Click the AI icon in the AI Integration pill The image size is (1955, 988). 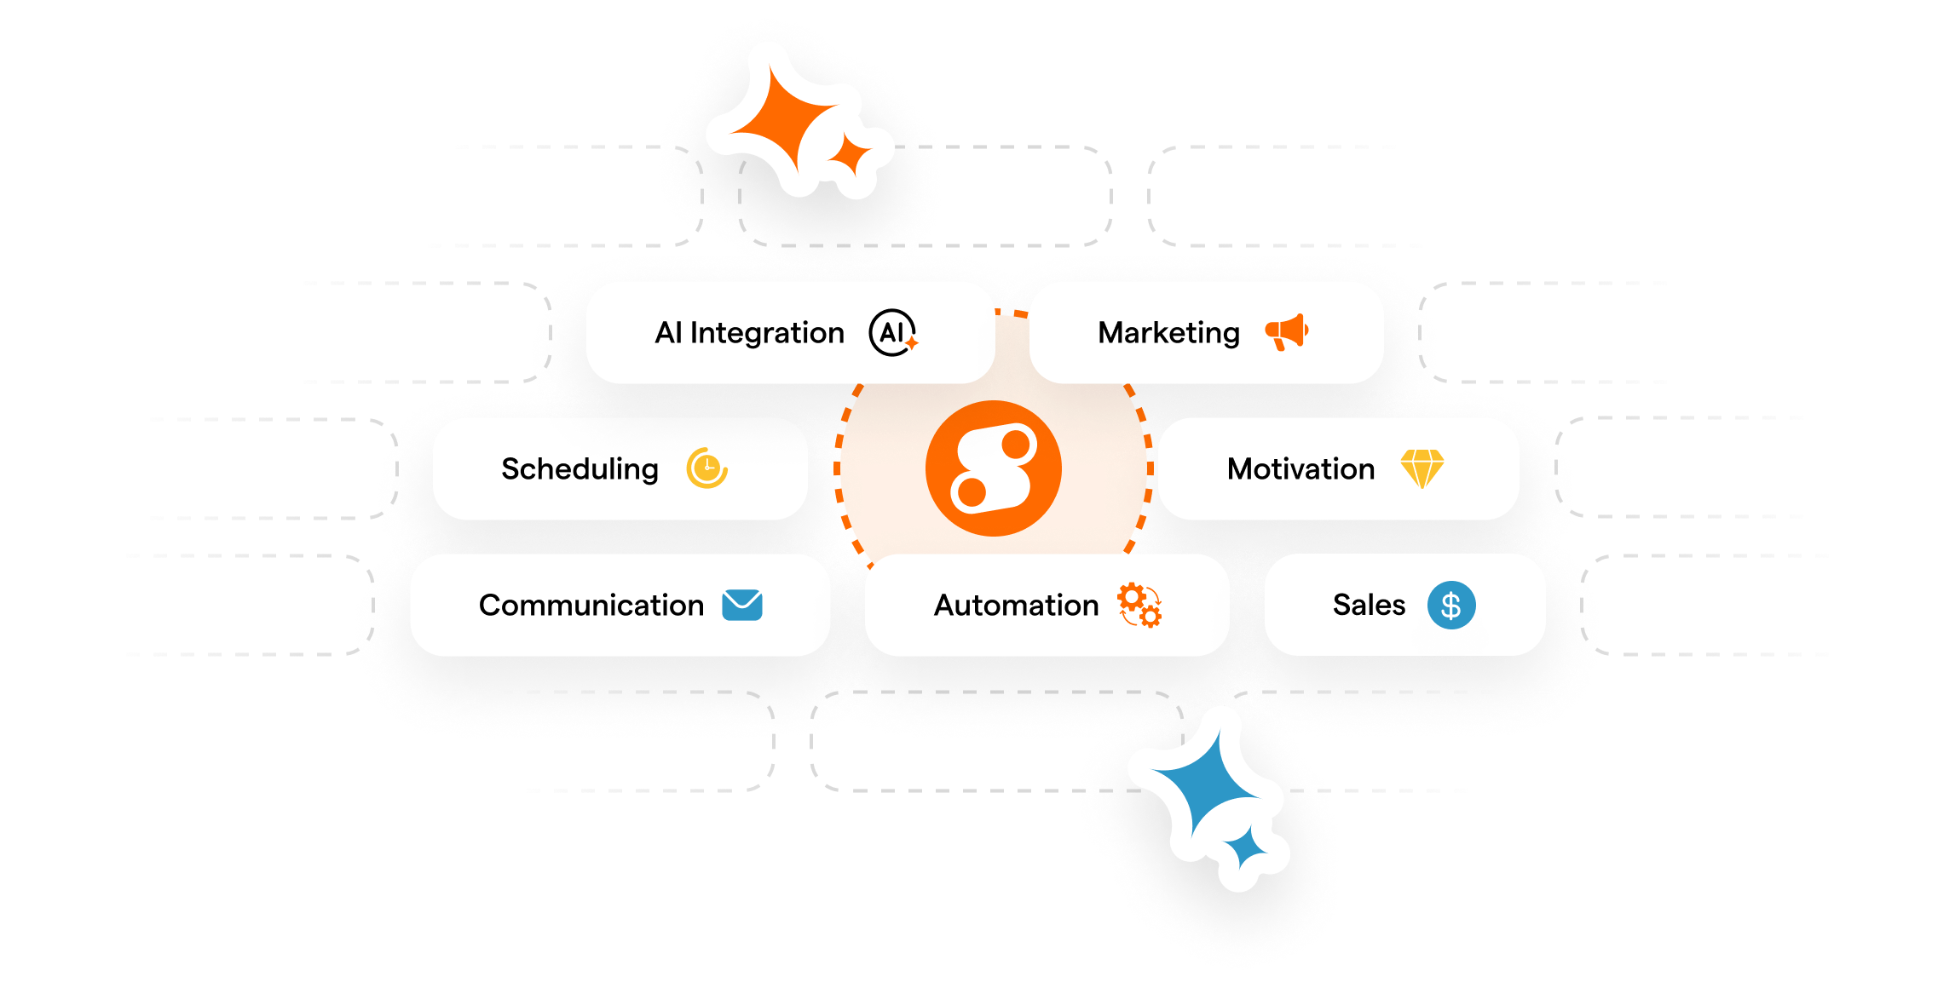891,332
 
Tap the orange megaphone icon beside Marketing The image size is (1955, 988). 1286,331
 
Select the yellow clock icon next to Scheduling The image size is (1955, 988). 706,468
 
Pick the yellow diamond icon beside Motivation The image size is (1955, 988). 1422,468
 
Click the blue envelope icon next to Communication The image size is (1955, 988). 741,605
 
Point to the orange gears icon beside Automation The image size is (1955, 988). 1139,605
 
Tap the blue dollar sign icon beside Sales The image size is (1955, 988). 1450,605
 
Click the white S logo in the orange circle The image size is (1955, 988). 993,468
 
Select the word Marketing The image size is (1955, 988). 1168,332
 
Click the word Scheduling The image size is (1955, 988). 580,468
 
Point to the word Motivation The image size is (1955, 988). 1300,468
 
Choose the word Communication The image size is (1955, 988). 591,605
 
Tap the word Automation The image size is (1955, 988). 1016,605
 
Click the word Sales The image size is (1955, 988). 1369,605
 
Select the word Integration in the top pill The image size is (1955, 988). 767,332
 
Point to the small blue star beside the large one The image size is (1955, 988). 1246,848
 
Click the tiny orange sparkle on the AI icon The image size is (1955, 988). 911,343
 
